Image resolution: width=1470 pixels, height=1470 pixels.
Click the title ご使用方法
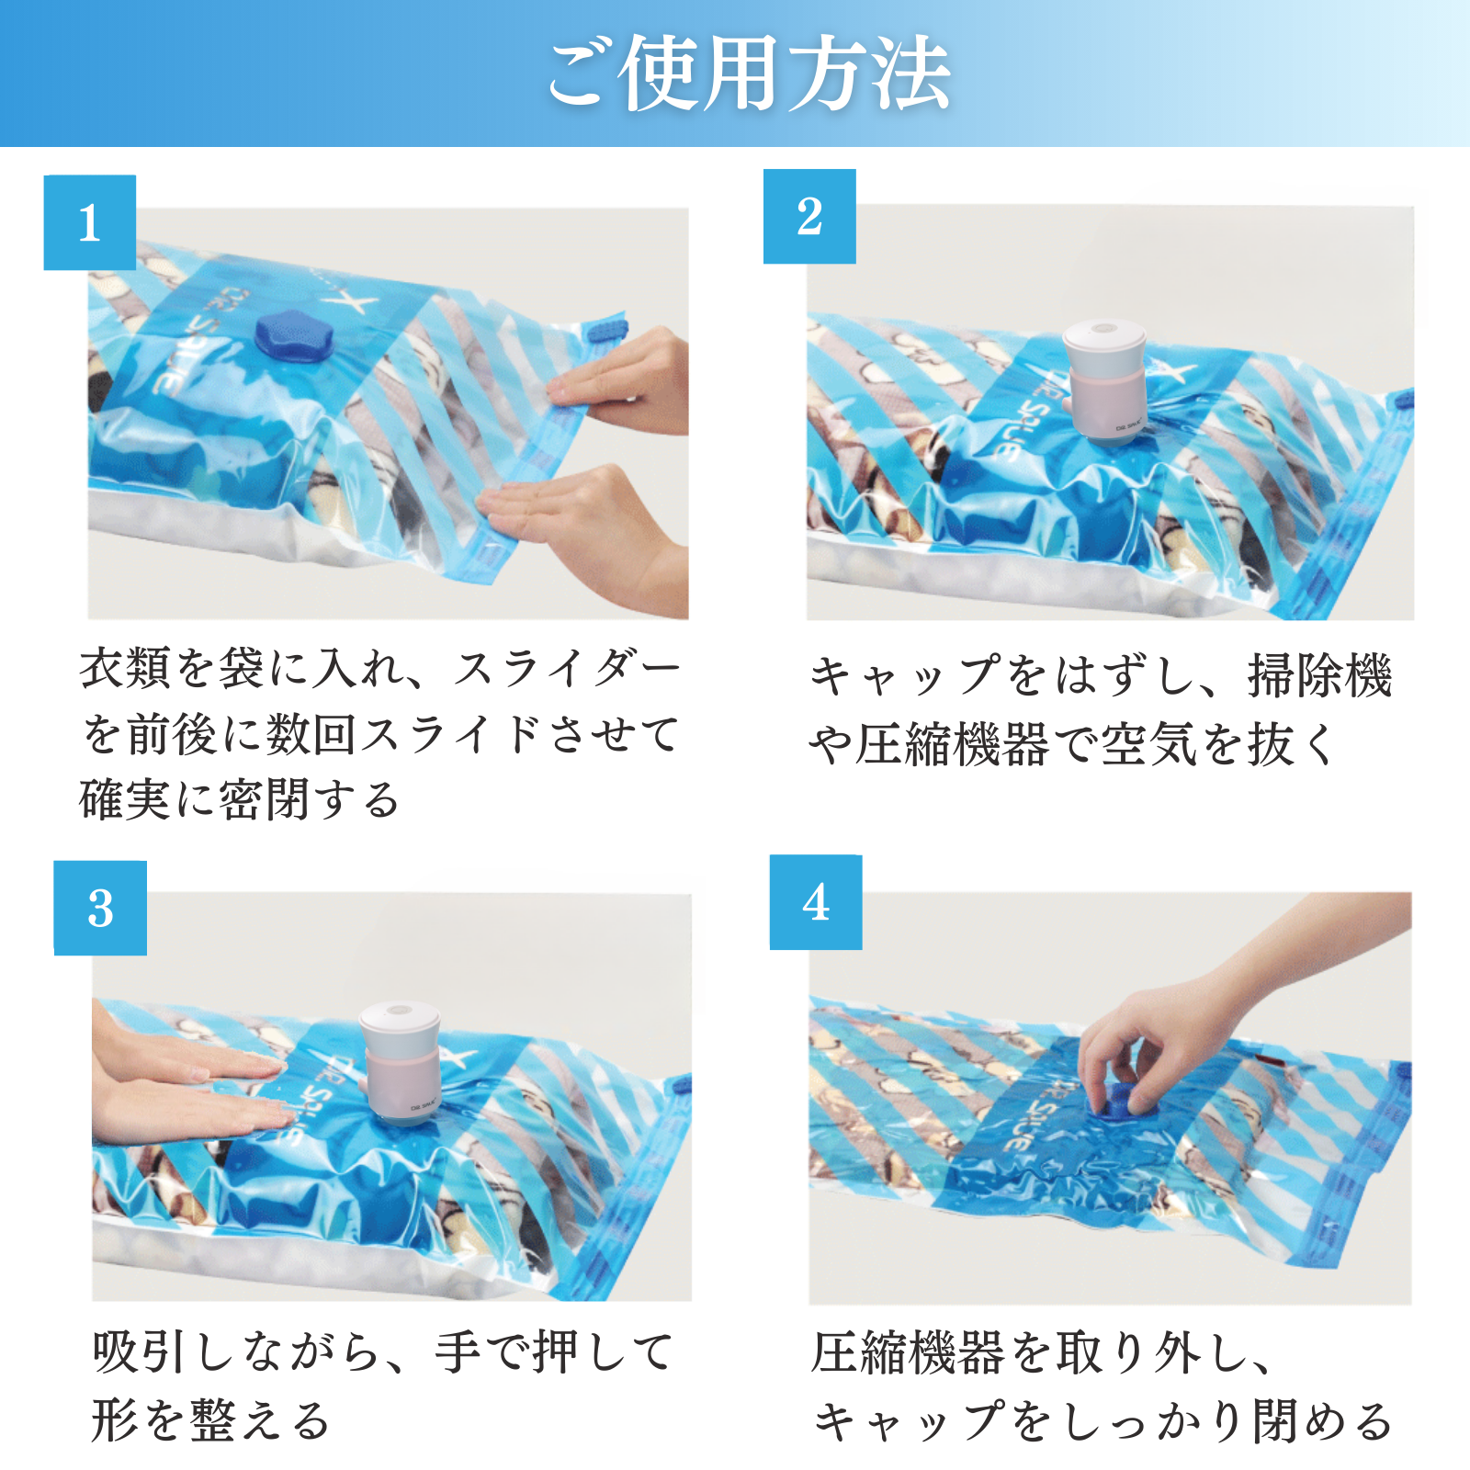pos(749,73)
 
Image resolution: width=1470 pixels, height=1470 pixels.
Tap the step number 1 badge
pos(90,222)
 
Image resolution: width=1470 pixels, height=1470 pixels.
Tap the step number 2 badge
pos(809,217)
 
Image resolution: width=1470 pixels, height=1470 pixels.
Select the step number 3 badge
pos(100,908)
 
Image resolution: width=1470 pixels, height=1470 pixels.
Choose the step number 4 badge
pos(816,902)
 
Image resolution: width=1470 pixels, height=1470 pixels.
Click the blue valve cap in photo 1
pos(287,334)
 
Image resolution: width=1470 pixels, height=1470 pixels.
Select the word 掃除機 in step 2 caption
pos(1319,676)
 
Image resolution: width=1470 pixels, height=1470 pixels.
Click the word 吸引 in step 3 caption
pos(141,1352)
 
